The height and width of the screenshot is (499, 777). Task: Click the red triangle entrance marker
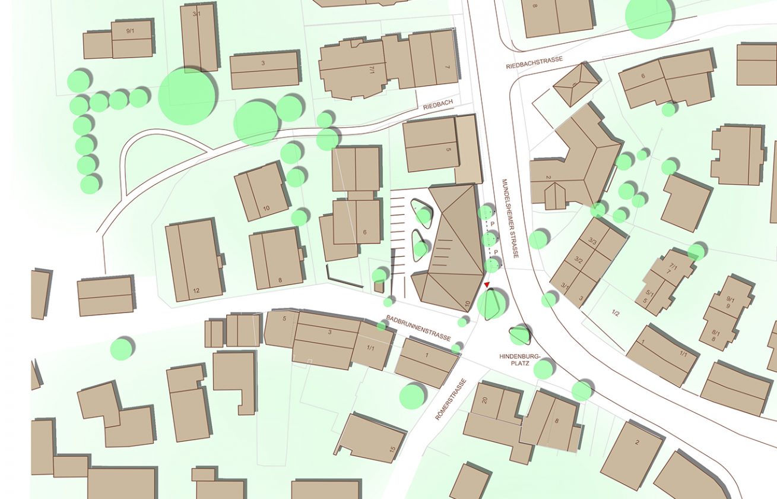(487, 286)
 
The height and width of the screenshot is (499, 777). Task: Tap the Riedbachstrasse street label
(534, 63)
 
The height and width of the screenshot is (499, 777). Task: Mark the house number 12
(196, 290)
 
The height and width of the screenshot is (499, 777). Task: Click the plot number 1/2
(615, 313)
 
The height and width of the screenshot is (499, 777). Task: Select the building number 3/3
(592, 240)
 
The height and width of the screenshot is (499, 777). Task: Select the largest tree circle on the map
(187, 96)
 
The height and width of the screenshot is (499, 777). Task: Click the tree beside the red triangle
(491, 303)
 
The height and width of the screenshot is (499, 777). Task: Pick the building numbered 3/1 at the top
(199, 36)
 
